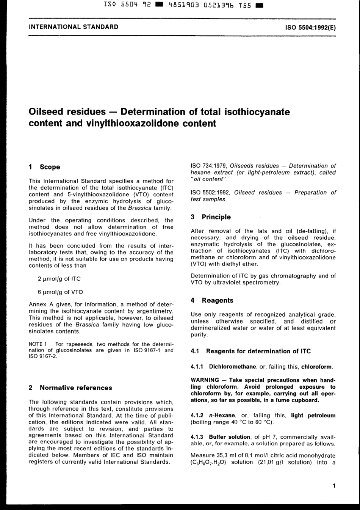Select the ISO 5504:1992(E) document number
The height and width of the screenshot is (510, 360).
click(310, 28)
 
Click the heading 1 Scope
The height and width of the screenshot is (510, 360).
click(44, 167)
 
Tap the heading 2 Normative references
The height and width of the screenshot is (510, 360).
click(70, 388)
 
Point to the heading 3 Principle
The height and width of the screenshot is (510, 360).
click(211, 217)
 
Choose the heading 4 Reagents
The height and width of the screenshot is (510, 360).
click(212, 300)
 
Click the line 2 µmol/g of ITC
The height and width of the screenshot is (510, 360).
click(59, 279)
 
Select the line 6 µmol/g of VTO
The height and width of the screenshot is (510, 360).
click(60, 292)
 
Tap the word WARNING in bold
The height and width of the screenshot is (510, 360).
click(205, 380)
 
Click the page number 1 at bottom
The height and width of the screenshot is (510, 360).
click(334, 485)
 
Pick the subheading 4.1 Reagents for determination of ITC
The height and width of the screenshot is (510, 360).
click(251, 351)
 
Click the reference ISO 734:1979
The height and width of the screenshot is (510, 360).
click(208, 166)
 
